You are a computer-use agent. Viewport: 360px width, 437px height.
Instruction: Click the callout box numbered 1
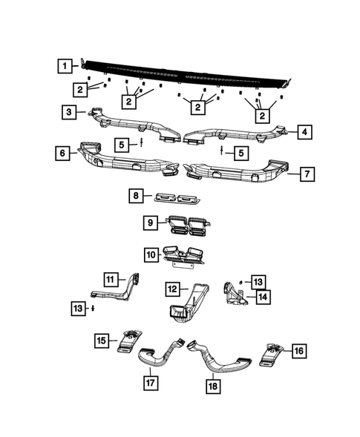[x=66, y=65]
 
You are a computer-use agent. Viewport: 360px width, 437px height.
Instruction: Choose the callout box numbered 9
[x=150, y=221]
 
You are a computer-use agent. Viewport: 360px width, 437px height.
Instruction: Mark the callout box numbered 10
[x=150, y=254]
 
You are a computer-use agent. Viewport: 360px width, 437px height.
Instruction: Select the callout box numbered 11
[x=111, y=279]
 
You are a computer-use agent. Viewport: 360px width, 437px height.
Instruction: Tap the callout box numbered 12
[x=171, y=287]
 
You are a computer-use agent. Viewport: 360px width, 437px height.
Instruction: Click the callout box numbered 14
[x=262, y=297]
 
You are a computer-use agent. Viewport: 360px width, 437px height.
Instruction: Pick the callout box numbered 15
[x=102, y=341]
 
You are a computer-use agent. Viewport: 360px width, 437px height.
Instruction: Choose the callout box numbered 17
[x=150, y=383]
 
